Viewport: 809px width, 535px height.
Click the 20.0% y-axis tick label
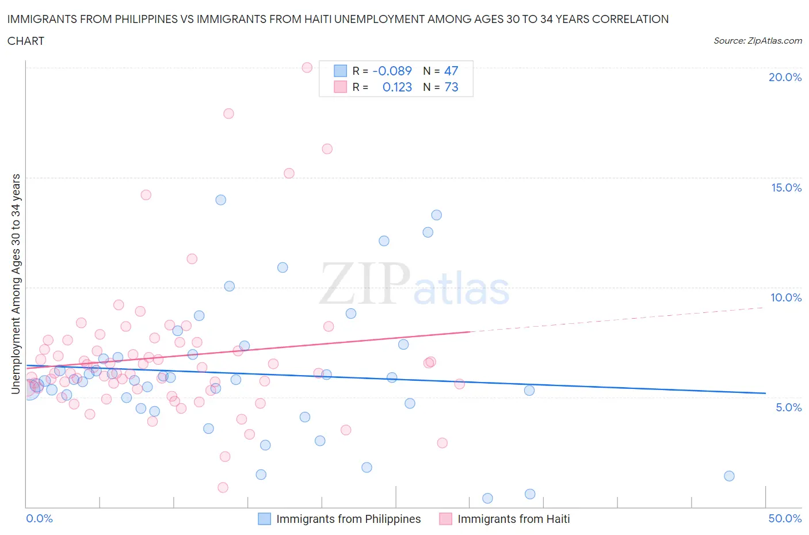785,77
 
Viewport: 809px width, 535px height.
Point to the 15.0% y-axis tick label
786,188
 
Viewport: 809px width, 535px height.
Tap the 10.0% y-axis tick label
786,297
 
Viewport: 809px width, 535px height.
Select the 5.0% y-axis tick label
788,407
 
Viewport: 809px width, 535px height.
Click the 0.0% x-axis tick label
39,518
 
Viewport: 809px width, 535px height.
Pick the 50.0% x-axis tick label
785,518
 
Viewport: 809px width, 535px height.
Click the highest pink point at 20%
307,67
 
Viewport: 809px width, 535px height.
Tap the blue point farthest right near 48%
729,476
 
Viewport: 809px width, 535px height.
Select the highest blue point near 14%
220,200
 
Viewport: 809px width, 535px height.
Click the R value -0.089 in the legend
392,71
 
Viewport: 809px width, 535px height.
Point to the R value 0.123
397,87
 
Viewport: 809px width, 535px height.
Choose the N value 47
451,71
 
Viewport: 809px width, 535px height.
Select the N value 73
451,87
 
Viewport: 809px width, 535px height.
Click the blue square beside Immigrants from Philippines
264,519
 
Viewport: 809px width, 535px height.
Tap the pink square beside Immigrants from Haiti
445,519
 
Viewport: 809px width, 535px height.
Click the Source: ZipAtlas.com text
757,40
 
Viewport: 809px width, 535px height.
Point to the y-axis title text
16,284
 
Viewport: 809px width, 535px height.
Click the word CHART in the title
26,41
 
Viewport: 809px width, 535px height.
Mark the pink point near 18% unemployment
228,113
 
